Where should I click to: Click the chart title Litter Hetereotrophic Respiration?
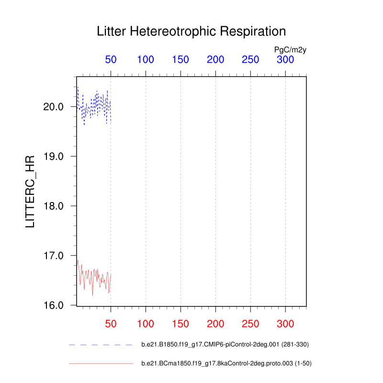[x=191, y=32]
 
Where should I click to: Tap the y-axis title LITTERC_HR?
[x=30, y=191]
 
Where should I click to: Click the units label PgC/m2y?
[x=290, y=49]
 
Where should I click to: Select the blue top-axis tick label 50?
[x=111, y=60]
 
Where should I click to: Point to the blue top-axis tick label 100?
[x=146, y=60]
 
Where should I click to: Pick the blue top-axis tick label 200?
[x=215, y=60]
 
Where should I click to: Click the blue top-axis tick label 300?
[x=285, y=60]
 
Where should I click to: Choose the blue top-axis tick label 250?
[x=250, y=60]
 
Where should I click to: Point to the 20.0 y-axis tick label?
[x=54, y=107]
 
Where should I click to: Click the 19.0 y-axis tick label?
[x=54, y=157]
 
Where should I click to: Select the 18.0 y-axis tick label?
[x=54, y=206]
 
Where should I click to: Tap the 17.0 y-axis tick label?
[x=54, y=256]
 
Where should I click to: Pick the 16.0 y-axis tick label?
[x=54, y=305]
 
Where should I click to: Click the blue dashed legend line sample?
[x=101, y=344]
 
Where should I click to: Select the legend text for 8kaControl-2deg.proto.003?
[x=226, y=364]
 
